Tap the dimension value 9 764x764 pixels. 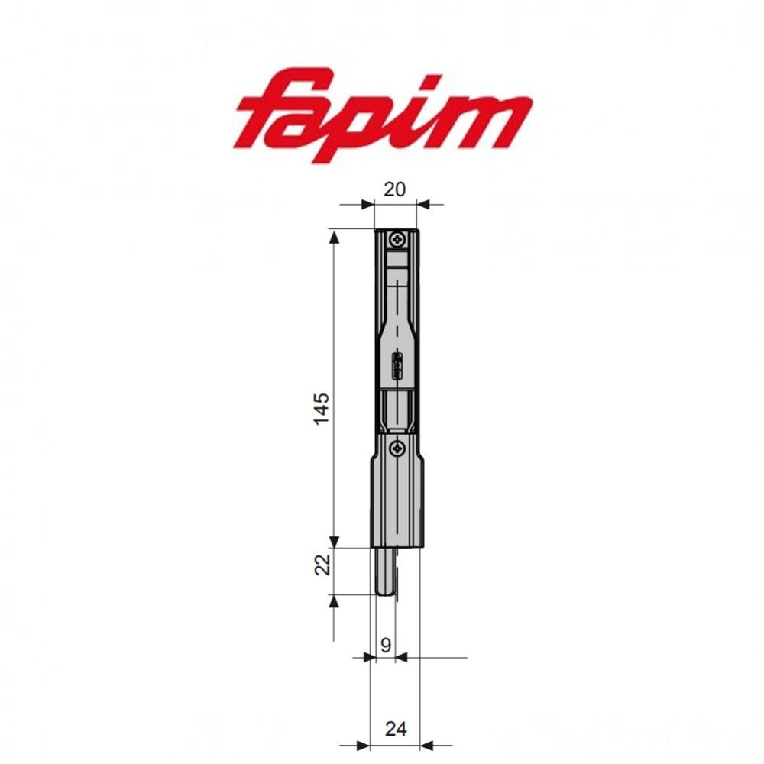tap(386, 646)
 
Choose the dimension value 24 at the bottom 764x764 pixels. tap(395, 730)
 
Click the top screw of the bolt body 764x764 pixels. tap(397, 241)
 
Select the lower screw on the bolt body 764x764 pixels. tap(397, 448)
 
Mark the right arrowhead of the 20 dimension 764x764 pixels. tap(424, 204)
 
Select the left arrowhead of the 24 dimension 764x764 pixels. tap(362, 745)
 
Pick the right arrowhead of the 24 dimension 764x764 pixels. tap(427, 745)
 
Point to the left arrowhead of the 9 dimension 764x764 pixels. tap(364, 657)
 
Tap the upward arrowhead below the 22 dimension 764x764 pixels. tap(334, 602)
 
